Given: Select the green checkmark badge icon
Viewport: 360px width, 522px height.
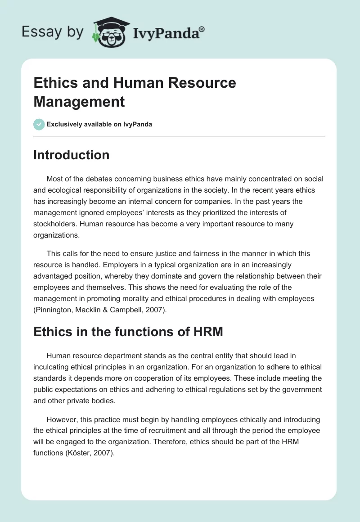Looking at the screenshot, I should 39,124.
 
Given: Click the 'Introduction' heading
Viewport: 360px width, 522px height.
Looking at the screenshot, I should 71,155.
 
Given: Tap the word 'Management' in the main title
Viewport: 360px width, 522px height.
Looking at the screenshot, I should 79,101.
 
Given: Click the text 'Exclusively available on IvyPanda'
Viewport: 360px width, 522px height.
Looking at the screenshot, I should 99,125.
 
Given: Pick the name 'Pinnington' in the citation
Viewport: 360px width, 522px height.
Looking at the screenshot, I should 55,310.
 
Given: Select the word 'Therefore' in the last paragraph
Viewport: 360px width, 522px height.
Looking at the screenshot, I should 167,442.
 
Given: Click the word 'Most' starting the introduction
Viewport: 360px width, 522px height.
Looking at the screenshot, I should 55,179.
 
